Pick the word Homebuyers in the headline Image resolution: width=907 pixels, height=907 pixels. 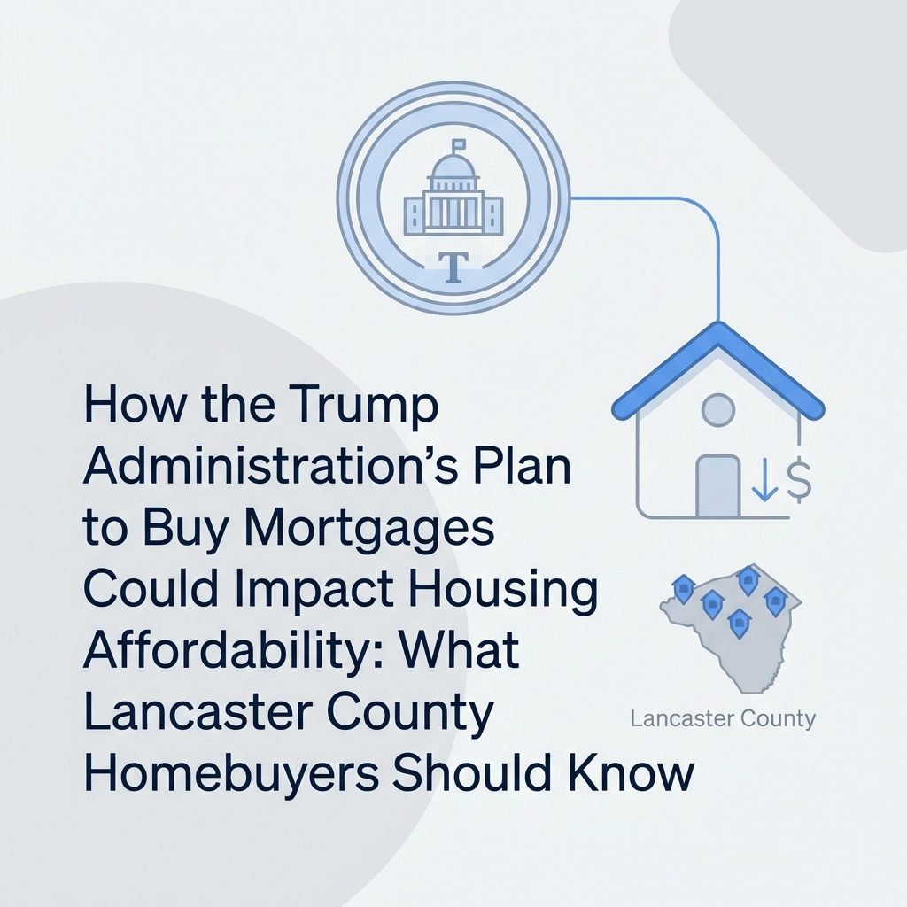click(231, 772)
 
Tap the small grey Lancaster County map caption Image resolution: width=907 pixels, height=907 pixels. click(723, 719)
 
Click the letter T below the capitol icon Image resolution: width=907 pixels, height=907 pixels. click(453, 267)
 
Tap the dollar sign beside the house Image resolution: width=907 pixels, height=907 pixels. click(798, 478)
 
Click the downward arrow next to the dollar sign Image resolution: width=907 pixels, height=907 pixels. click(764, 479)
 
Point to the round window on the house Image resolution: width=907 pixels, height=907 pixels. click(717, 409)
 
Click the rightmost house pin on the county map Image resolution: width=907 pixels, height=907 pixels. click(774, 601)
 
